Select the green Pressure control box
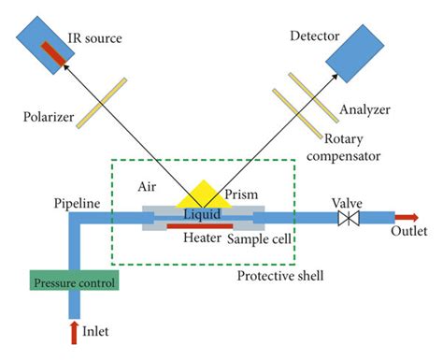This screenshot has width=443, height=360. coord(73,282)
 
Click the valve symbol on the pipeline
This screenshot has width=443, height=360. coord(350,219)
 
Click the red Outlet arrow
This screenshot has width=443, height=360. coord(411,219)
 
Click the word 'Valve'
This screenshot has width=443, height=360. coord(350,201)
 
